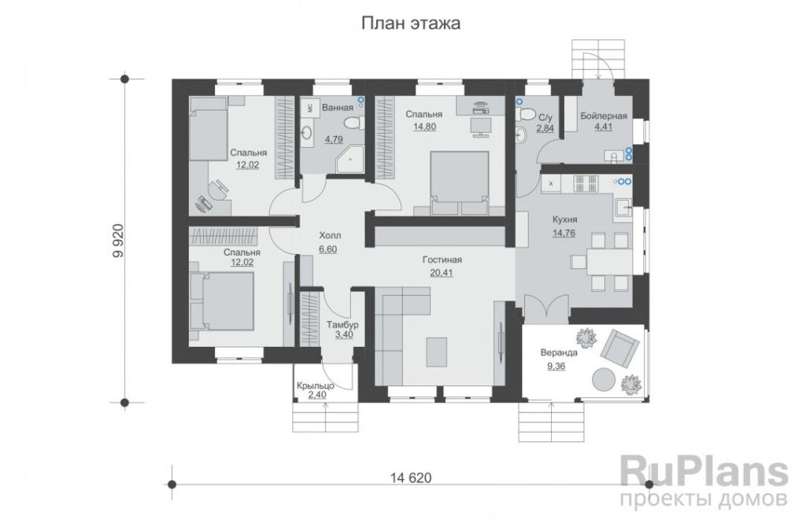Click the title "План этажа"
[411, 24]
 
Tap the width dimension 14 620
[411, 478]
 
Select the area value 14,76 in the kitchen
[564, 234]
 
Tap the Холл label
[330, 236]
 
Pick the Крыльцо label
[316, 385]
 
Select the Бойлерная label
[604, 116]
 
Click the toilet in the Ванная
[353, 124]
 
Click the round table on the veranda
[604, 380]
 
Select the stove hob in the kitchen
[586, 184]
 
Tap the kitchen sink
[623, 208]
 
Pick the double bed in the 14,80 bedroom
[459, 183]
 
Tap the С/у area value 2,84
[545, 128]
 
